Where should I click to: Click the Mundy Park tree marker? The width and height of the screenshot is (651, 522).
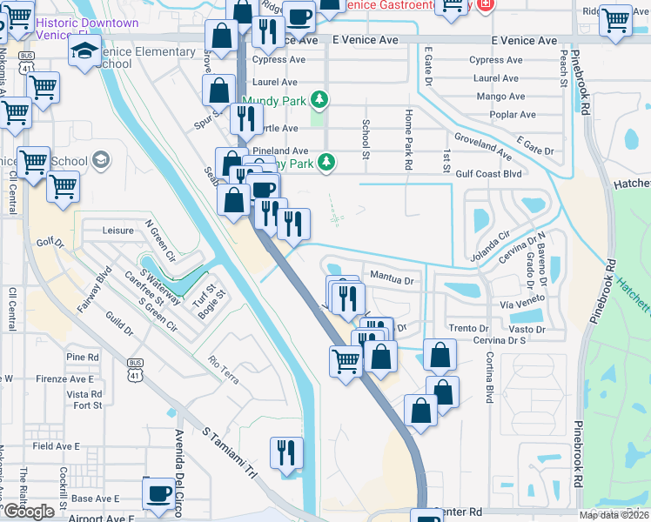(x=320, y=100)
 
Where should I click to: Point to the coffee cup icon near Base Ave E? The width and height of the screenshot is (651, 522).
(x=158, y=493)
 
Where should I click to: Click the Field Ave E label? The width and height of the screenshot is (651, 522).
(x=56, y=446)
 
